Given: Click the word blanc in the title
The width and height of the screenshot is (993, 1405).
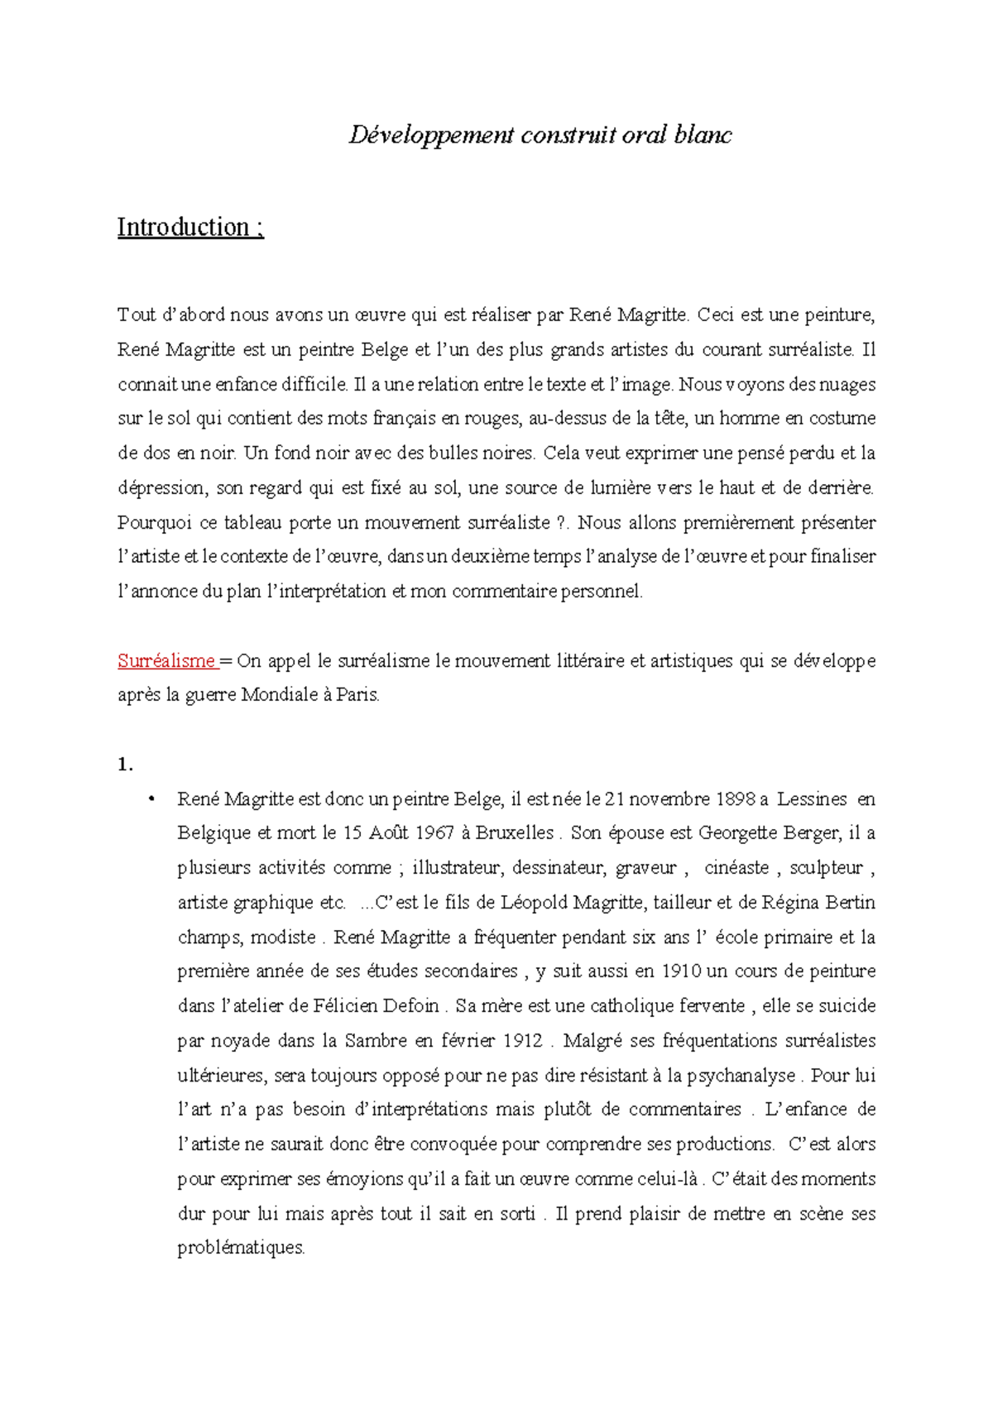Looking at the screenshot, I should click(x=703, y=135).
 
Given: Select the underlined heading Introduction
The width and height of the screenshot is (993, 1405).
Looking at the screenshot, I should click(x=184, y=227).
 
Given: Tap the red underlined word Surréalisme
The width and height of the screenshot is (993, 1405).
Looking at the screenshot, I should click(x=166, y=661).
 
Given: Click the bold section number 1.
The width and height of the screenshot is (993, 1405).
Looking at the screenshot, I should click(x=125, y=765).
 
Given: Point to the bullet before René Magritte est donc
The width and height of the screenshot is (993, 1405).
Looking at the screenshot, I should click(x=151, y=799).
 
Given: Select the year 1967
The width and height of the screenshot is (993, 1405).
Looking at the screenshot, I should click(x=435, y=833).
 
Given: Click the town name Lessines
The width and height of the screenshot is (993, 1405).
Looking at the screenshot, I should click(x=813, y=799).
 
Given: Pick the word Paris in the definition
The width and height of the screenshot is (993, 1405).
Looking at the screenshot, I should click(x=357, y=696).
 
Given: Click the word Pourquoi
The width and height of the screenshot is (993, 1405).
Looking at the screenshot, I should click(x=154, y=523).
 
